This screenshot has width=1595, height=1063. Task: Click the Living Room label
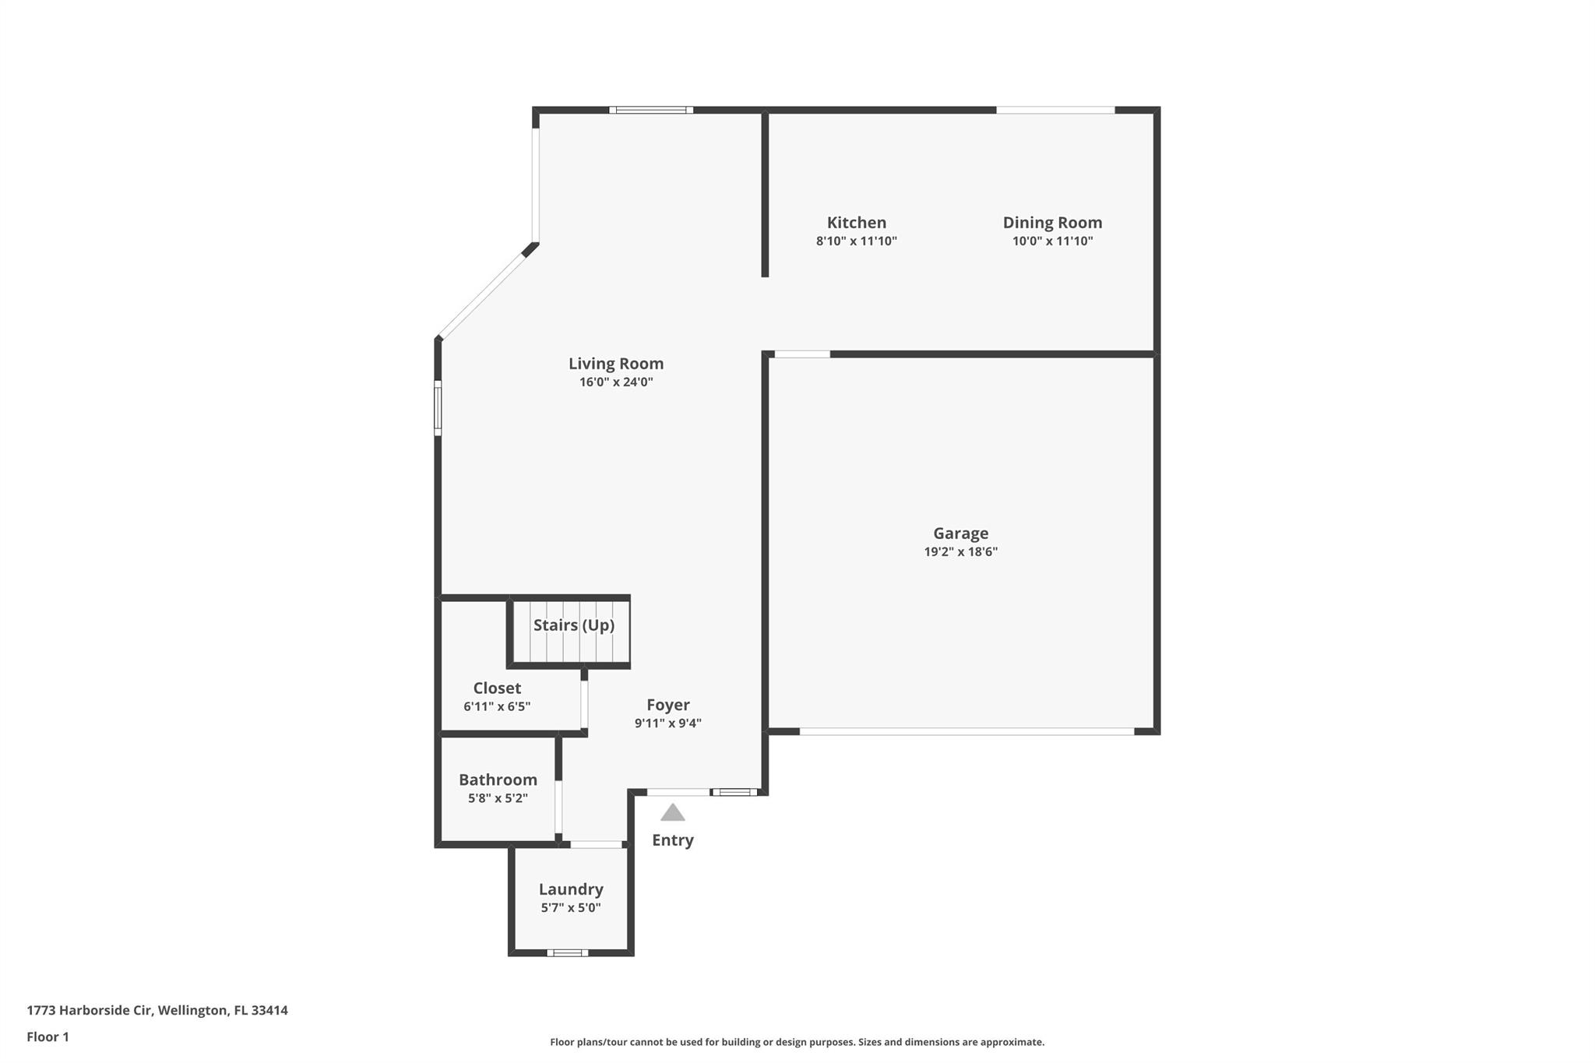tap(615, 364)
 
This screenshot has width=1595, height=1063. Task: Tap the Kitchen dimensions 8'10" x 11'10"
tap(856, 241)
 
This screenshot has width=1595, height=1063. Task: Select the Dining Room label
tap(1052, 223)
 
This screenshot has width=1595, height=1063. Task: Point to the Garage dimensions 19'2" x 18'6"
tap(960, 552)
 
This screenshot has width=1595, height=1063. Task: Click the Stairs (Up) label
tap(574, 625)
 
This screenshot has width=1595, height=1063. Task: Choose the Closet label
tap(497, 688)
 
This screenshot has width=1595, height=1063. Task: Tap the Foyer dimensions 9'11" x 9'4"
tap(667, 723)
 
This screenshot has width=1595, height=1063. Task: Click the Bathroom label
tap(498, 780)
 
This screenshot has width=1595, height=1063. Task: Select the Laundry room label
tap(571, 889)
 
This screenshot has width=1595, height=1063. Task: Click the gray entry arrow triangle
tap(673, 813)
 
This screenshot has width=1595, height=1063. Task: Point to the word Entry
tap(673, 840)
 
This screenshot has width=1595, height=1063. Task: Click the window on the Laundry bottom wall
tap(567, 953)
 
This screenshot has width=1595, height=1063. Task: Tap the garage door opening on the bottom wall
tap(967, 732)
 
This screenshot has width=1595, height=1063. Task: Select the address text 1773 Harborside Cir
tap(90, 1011)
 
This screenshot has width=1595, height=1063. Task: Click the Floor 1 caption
tap(48, 1037)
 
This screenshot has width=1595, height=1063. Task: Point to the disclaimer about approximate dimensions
tap(797, 1042)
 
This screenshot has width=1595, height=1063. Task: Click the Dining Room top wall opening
tap(1055, 111)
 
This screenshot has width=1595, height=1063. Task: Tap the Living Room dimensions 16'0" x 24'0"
tap(615, 382)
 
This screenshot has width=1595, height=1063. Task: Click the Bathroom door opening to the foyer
tap(558, 807)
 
